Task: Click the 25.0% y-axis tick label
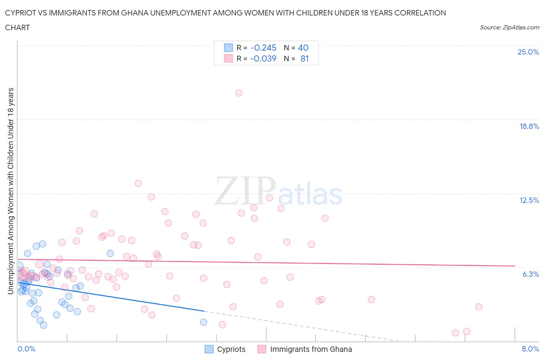point(528,52)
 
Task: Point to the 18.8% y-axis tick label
point(529,126)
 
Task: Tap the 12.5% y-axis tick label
point(529,200)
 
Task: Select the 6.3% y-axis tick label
point(530,274)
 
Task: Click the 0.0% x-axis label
point(26,349)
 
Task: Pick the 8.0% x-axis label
point(530,349)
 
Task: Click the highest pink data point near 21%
point(239,93)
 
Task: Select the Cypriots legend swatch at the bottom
point(209,349)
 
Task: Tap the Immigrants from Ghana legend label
point(311,349)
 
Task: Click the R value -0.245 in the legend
point(263,48)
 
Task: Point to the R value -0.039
point(263,58)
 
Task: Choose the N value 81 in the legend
point(305,58)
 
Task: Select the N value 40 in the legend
point(303,48)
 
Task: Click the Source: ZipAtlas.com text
point(509,27)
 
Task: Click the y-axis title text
point(11,191)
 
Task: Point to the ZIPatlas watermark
point(279,192)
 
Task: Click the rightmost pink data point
point(479,307)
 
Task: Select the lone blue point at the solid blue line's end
point(204,322)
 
